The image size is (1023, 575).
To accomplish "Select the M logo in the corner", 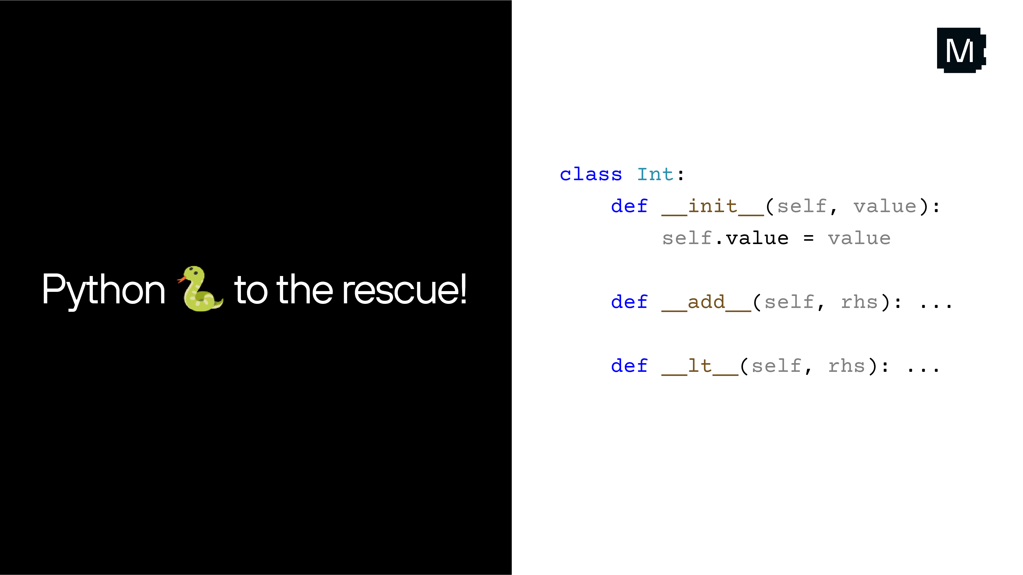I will click(x=961, y=50).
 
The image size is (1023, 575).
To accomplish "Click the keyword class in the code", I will click(x=591, y=175).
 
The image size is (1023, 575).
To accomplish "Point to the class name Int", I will click(x=655, y=175).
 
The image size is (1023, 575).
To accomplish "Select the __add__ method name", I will click(x=706, y=302).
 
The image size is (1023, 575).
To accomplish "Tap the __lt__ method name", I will click(x=700, y=366).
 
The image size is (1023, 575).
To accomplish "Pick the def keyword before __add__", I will click(x=629, y=302).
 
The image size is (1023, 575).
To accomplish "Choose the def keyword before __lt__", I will click(x=629, y=366).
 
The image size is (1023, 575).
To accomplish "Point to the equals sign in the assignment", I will click(x=808, y=238).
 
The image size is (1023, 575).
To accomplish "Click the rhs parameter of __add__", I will click(x=859, y=302).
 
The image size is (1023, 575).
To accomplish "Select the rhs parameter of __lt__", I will click(x=846, y=366).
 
